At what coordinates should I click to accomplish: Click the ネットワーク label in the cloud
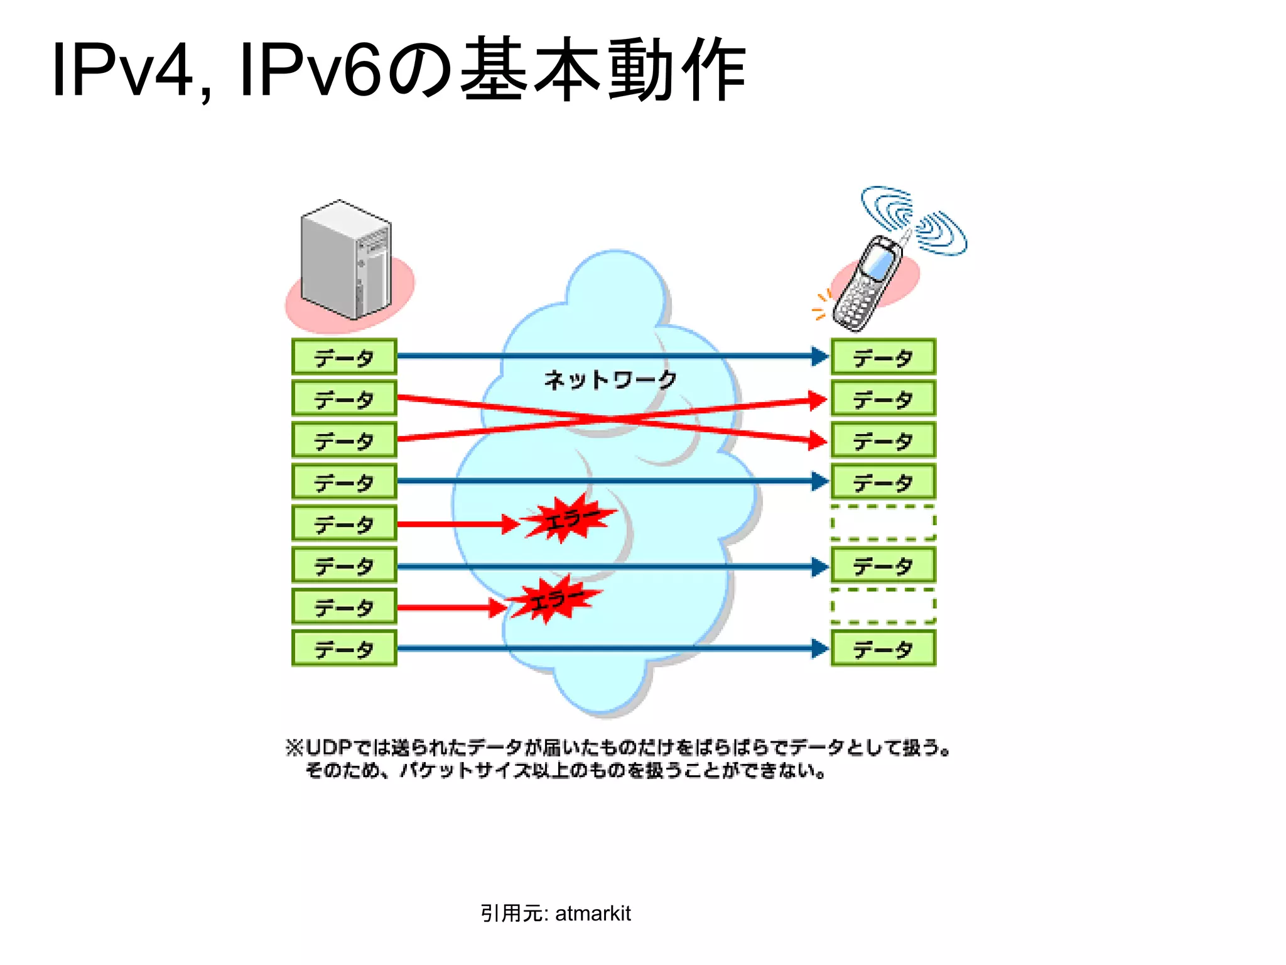tap(610, 379)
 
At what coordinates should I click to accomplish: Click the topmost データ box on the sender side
tap(344, 357)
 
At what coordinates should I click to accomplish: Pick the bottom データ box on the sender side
tap(344, 648)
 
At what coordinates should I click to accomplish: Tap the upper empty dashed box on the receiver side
tap(883, 523)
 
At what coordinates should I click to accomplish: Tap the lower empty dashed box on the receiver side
tap(883, 606)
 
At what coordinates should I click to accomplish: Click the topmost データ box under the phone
tap(883, 357)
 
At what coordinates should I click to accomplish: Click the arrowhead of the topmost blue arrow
tap(819, 356)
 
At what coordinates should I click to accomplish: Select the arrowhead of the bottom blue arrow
tap(819, 648)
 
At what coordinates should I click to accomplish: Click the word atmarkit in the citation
tap(593, 913)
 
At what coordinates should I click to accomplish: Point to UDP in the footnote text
tap(328, 748)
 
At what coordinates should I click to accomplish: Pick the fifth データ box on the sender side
tap(344, 523)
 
